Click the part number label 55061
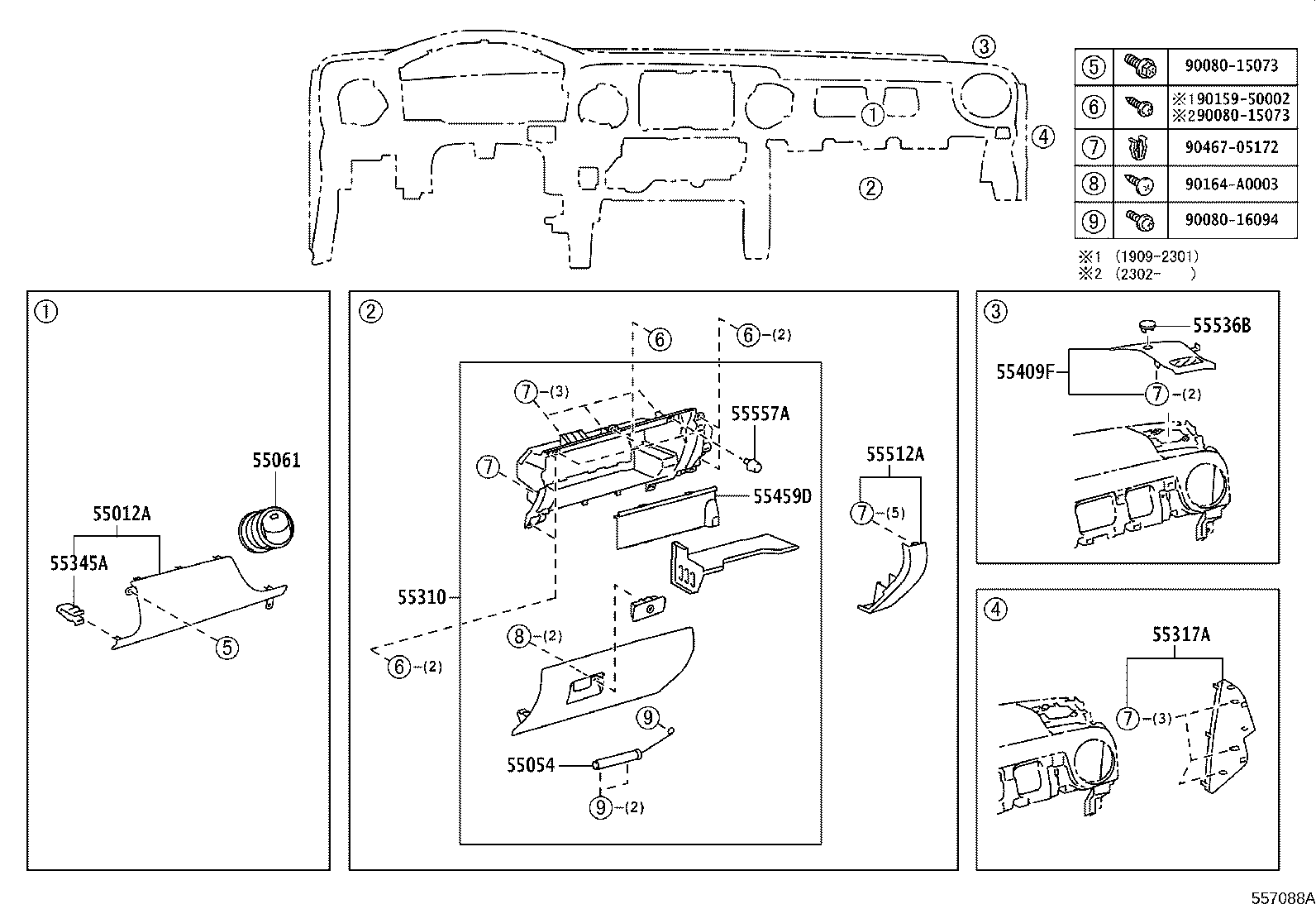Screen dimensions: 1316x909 [276, 460]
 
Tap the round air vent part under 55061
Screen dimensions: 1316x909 [266, 529]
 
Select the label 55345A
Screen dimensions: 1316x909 [79, 563]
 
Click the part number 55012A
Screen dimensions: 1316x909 [122, 514]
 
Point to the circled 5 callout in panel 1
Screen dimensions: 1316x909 [226, 648]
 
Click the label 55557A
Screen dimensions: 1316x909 [761, 414]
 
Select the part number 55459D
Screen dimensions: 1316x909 [783, 497]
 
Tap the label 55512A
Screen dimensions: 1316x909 [895, 454]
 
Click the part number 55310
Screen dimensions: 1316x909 [422, 597]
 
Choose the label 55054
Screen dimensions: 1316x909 [531, 765]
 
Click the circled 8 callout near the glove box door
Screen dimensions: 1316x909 [519, 636]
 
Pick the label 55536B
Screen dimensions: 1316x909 [1222, 326]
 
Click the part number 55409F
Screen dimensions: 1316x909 [1026, 371]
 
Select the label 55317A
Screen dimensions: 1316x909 [1181, 634]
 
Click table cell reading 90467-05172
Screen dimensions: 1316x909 [1232, 147]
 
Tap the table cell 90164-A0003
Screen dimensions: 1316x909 [1232, 184]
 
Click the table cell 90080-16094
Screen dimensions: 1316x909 [1232, 220]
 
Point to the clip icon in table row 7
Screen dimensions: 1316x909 [1139, 148]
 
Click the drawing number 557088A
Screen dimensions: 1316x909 [1283, 897]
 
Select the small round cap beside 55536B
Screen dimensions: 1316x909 [1147, 324]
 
